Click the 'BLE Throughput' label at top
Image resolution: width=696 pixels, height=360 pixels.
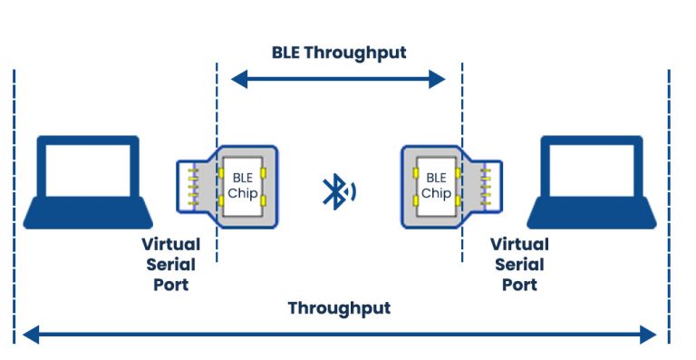click(x=339, y=52)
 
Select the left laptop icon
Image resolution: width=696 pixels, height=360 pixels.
click(x=88, y=181)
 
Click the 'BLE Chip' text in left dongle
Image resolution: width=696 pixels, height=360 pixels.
click(x=241, y=185)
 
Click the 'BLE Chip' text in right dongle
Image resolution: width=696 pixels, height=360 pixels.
click(x=436, y=185)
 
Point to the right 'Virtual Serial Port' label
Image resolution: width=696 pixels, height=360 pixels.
click(x=519, y=264)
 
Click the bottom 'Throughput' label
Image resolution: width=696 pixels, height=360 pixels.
click(x=339, y=308)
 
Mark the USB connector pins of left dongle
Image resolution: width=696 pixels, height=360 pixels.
click(x=192, y=184)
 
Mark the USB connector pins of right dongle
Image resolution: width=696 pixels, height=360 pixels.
click(x=486, y=184)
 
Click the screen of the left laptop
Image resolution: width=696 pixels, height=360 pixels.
click(x=88, y=170)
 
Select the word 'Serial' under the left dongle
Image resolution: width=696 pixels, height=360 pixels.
click(x=165, y=264)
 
